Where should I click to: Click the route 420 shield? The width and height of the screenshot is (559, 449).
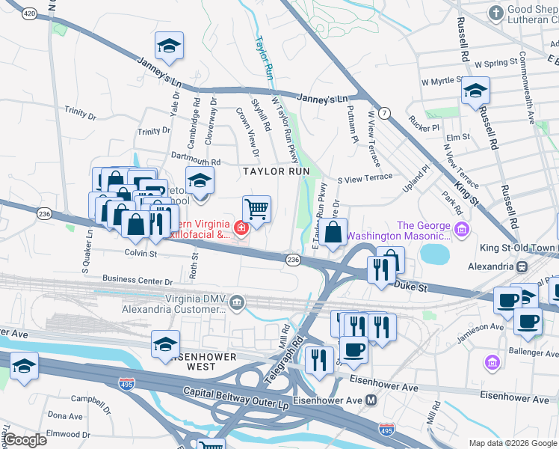pyautogui.click(x=28, y=13)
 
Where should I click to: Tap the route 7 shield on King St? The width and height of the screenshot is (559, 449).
pyautogui.click(x=384, y=113)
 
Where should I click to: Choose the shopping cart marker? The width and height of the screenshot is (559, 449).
pyautogui.click(x=256, y=209)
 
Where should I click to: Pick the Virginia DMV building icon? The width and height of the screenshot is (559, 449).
pyautogui.click(x=237, y=302)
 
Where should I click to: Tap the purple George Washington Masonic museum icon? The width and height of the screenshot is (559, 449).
pyautogui.click(x=462, y=228)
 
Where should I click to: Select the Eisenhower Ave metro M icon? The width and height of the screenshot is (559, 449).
pyautogui.click(x=371, y=400)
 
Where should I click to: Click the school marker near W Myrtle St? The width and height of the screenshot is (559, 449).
pyautogui.click(x=475, y=92)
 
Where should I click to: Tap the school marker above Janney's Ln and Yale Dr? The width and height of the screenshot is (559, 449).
pyautogui.click(x=169, y=47)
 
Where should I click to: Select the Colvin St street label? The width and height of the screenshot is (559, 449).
pyautogui.click(x=140, y=254)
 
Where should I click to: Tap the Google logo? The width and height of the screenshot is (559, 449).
pyautogui.click(x=25, y=440)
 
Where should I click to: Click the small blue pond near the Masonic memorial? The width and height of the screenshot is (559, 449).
pyautogui.click(x=435, y=254)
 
